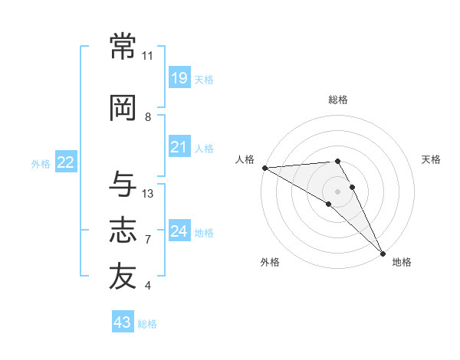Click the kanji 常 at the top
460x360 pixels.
pyautogui.click(x=123, y=46)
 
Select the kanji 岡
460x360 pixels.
pyautogui.click(x=123, y=108)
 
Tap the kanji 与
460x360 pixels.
pyautogui.click(x=123, y=184)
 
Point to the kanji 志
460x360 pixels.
pyautogui.click(x=123, y=230)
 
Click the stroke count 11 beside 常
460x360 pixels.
pyautogui.click(x=147, y=56)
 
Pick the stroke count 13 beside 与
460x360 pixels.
pyautogui.click(x=147, y=194)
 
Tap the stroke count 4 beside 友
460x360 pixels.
pyautogui.click(x=147, y=286)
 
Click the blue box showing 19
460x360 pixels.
pyautogui.click(x=179, y=77)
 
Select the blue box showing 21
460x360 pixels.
pyautogui.click(x=179, y=146)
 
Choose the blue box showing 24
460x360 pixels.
pyautogui.click(x=179, y=230)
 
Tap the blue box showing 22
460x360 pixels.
pyautogui.click(x=66, y=162)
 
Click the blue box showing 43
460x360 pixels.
pyautogui.click(x=123, y=321)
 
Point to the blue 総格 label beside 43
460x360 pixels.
pyautogui.click(x=147, y=324)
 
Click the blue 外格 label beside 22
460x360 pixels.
pyautogui.click(x=41, y=164)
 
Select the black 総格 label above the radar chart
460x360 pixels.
pyautogui.click(x=338, y=100)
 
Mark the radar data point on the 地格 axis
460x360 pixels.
pyautogui.click(x=383, y=254)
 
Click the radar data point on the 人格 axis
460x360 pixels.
pyautogui.click(x=265, y=168)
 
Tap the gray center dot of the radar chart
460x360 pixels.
pyautogui.click(x=337, y=191)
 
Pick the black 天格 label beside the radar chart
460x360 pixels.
pyautogui.click(x=431, y=159)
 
